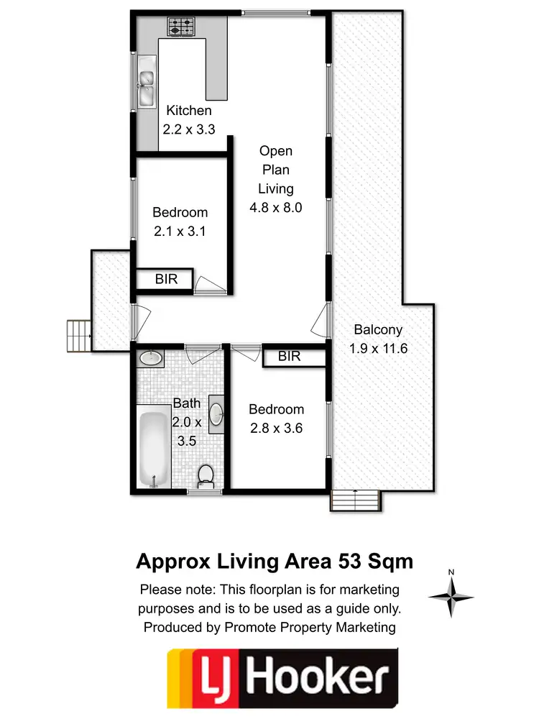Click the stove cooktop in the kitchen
point(182,27)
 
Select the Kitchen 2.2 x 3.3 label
point(189,119)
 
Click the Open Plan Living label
point(276,179)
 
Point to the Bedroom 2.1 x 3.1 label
point(180,221)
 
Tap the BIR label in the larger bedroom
point(289,356)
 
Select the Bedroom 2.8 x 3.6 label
point(276,418)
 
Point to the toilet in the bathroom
point(206,475)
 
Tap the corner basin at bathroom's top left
point(149,357)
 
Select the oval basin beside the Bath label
point(217,414)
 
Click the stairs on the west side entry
point(77,336)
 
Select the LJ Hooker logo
point(282,678)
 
